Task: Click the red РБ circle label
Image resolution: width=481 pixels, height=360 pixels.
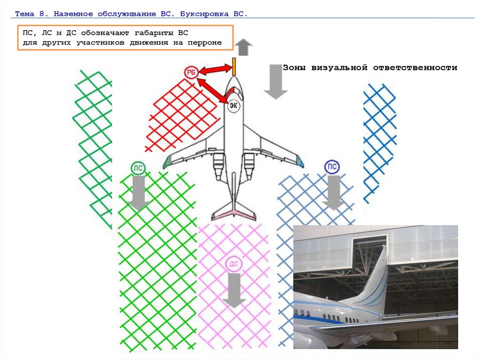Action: [191, 73]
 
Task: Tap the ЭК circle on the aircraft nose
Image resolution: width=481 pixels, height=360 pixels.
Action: [233, 106]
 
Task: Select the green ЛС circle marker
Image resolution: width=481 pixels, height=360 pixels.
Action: [138, 168]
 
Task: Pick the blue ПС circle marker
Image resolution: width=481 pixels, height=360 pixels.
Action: [332, 167]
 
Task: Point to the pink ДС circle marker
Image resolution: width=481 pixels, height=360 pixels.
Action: [234, 264]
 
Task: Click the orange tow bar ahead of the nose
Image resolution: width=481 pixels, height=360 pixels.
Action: [234, 67]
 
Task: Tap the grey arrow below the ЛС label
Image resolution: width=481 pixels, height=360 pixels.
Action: [139, 193]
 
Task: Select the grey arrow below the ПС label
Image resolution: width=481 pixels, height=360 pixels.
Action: [333, 192]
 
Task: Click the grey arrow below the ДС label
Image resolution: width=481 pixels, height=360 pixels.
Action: [234, 290]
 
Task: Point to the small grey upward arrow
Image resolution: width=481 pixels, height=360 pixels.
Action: [243, 47]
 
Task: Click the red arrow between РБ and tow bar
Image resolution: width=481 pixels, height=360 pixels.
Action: [215, 70]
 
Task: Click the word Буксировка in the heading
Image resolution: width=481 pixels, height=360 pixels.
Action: [204, 14]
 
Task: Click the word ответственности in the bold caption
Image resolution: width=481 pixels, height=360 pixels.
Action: [415, 68]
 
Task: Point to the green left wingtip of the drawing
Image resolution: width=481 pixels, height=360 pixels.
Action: [167, 162]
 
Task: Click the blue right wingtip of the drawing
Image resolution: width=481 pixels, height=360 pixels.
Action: [300, 161]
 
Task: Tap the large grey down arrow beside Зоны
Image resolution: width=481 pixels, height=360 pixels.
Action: [276, 82]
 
